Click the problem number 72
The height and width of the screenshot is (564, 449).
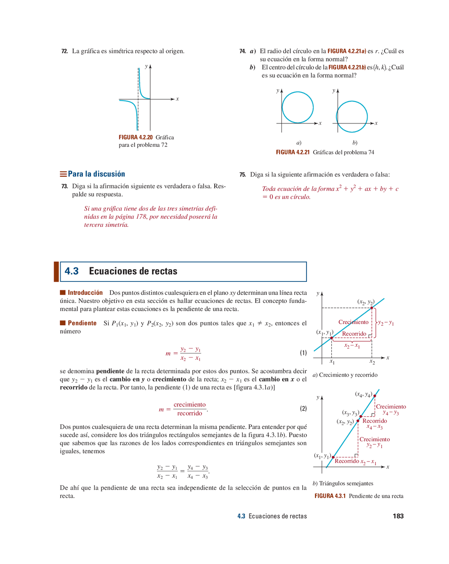tap(65, 51)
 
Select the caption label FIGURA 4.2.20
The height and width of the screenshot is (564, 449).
tap(135, 138)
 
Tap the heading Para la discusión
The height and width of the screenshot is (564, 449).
tap(96, 174)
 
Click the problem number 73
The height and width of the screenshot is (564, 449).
tap(65, 186)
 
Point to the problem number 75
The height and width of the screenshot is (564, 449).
tap(242, 175)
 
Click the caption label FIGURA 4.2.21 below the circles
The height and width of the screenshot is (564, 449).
tap(293, 152)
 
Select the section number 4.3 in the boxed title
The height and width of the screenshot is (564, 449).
tap(72, 271)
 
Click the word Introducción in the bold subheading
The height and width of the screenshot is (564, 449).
tap(85, 293)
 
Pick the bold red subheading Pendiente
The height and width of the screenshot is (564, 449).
tap(82, 323)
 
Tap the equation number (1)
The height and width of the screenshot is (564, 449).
tap(303, 353)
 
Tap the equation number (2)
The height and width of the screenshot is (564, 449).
tap(303, 409)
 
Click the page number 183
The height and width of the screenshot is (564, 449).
tap(398, 516)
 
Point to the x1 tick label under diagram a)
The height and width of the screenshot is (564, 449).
tap(332, 361)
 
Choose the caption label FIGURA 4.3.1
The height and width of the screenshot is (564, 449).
tap(330, 496)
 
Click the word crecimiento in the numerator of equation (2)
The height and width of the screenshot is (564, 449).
tap(189, 405)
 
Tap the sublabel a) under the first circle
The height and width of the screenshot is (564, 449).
tap(299, 143)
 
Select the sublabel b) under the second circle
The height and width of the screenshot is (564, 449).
tap(355, 143)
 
